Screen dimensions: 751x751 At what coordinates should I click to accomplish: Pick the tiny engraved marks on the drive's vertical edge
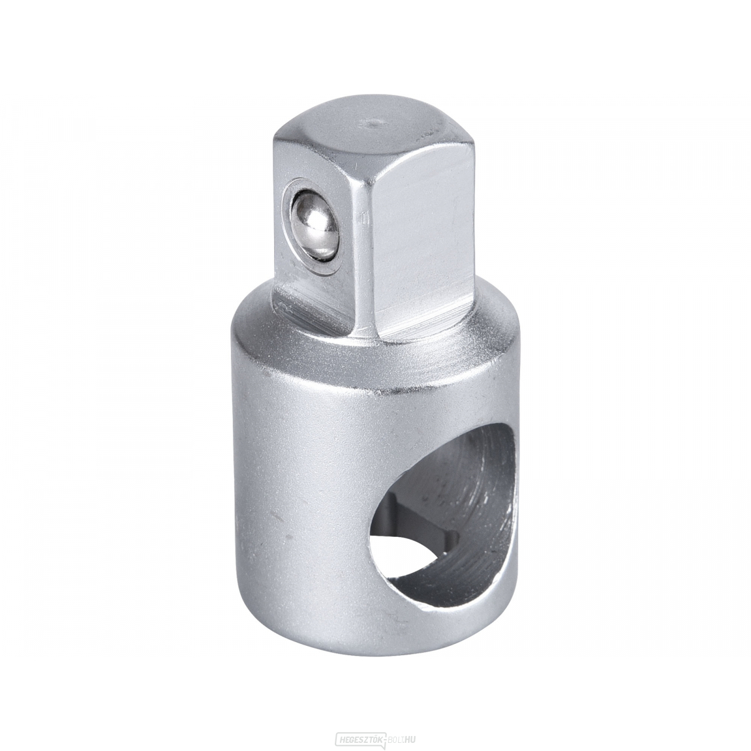(360, 219)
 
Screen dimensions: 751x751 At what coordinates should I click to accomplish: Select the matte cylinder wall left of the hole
(300, 488)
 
